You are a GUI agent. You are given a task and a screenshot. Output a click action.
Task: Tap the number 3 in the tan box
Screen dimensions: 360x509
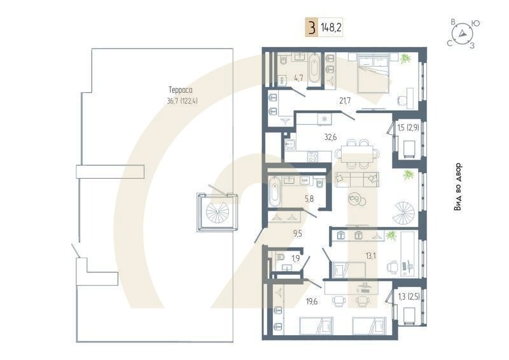pos(311,29)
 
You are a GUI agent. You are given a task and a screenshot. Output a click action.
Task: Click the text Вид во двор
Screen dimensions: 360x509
pos(458,187)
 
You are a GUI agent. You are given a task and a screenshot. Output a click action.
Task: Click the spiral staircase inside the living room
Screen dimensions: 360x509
pos(405,212)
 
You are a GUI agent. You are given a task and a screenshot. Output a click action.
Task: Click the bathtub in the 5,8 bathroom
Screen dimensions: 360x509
pos(275,192)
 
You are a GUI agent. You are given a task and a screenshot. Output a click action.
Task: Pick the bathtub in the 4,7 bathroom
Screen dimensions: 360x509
pos(314,69)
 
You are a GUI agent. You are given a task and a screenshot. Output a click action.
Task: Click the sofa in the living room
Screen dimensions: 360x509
pos(356,179)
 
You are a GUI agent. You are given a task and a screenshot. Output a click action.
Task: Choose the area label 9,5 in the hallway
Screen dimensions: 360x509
pos(297,233)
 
